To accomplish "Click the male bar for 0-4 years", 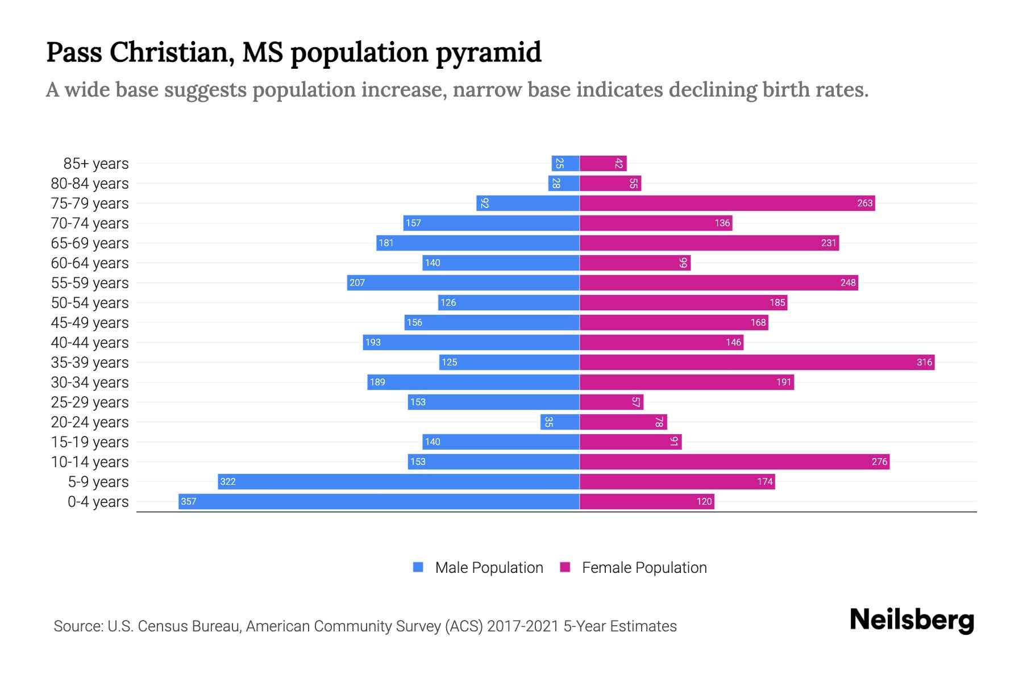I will tap(379, 501).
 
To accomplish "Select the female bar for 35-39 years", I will tap(757, 362).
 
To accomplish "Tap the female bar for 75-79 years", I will tap(727, 203).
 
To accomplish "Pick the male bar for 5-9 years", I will tap(398, 481).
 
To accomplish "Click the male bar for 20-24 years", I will tap(560, 422).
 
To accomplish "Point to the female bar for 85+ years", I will tap(603, 163).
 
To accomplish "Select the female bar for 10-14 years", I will tap(734, 461).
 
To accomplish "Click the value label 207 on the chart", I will tap(357, 282).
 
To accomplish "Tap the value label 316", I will tap(924, 362).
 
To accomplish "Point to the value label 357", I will tap(188, 501).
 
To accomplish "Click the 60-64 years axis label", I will tap(90, 263).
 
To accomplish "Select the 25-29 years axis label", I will tap(90, 402).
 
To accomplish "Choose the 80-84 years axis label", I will tap(90, 183).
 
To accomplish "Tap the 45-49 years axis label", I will tap(90, 322).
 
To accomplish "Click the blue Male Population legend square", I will tap(418, 567).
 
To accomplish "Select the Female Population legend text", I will tap(644, 567).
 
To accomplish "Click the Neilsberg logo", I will tap(912, 619).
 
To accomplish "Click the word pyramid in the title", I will tap(488, 52).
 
